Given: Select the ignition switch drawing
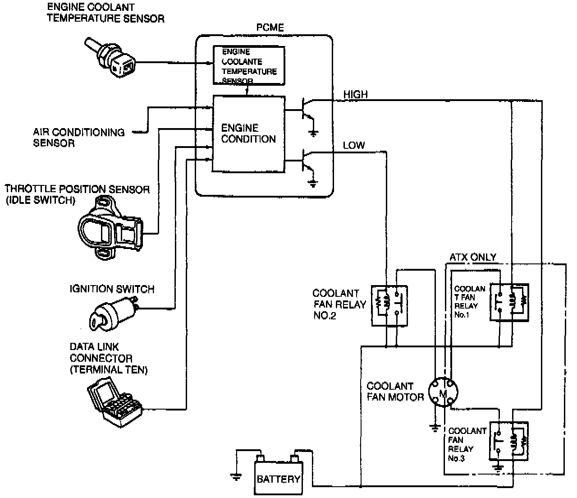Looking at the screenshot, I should (x=115, y=312).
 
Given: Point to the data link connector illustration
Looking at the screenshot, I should (x=114, y=399).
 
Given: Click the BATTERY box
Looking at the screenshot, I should (x=278, y=479).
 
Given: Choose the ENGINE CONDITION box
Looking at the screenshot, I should (x=248, y=134).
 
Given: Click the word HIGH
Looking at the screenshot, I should (x=355, y=95).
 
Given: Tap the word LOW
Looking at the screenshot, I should (x=354, y=146).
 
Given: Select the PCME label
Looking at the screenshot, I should (x=270, y=28).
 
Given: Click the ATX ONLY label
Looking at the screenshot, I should (x=473, y=258).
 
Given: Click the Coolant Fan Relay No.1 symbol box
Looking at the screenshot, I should (x=509, y=302).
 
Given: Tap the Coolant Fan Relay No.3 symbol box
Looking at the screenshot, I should (x=508, y=441).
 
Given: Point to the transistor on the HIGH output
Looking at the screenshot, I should (x=307, y=111).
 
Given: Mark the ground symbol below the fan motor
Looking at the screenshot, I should (x=435, y=427).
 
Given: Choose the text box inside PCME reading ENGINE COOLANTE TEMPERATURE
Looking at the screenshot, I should (x=249, y=66).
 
